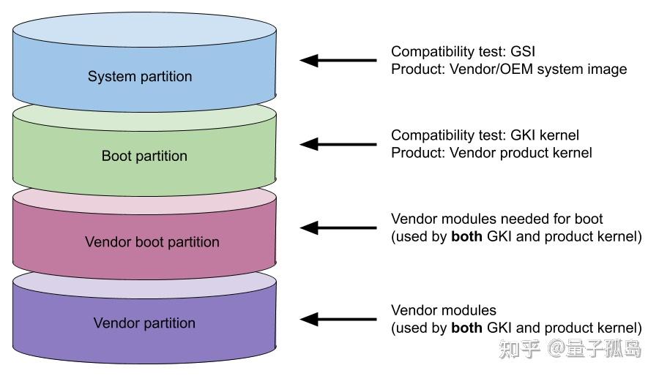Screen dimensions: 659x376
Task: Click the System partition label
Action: [140, 76]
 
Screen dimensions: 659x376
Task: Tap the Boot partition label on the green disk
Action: [144, 156]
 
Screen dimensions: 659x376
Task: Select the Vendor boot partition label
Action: [152, 242]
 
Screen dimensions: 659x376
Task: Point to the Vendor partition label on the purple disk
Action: [144, 323]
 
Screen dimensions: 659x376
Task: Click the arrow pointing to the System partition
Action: [338, 61]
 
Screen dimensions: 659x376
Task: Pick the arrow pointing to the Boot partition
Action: [338, 144]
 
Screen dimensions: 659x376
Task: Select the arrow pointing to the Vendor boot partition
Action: [338, 228]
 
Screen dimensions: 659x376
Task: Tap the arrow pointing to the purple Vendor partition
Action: [338, 320]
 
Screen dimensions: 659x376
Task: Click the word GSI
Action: [522, 52]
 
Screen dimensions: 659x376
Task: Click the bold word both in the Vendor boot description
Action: [466, 236]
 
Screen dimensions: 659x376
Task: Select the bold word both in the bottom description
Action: [466, 328]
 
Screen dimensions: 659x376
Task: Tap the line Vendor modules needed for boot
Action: [496, 219]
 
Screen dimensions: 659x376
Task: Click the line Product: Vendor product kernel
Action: [491, 153]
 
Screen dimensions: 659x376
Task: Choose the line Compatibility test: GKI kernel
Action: [485, 135]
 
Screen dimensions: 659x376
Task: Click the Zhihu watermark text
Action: [570, 349]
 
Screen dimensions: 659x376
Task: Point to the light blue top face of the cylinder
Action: [144, 29]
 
